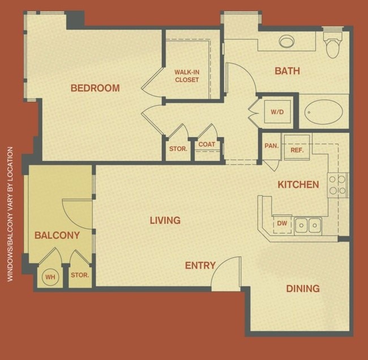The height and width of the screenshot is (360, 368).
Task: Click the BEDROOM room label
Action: [95, 88]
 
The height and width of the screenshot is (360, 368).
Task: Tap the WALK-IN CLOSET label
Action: [187, 76]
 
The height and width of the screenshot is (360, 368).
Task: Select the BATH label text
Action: [287, 71]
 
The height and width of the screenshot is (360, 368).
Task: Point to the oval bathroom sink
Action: [287, 41]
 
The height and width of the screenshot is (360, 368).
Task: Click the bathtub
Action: [323, 112]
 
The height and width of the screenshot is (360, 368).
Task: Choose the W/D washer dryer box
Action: [277, 112]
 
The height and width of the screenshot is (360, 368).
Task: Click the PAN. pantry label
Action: [271, 145]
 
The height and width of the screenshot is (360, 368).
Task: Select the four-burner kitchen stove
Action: [338, 185]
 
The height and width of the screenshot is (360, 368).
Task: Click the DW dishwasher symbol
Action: [281, 224]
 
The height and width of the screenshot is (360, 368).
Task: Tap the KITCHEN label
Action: [298, 185]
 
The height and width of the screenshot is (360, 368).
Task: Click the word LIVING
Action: [165, 220]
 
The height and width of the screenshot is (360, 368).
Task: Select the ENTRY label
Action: [200, 265]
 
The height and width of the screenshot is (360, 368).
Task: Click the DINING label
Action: [302, 289]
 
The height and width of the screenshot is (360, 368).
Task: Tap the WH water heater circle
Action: [50, 277]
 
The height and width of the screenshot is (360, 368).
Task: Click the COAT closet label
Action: [206, 144]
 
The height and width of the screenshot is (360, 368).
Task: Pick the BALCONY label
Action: [57, 235]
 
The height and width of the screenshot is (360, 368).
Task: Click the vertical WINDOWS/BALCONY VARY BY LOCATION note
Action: [10, 214]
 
